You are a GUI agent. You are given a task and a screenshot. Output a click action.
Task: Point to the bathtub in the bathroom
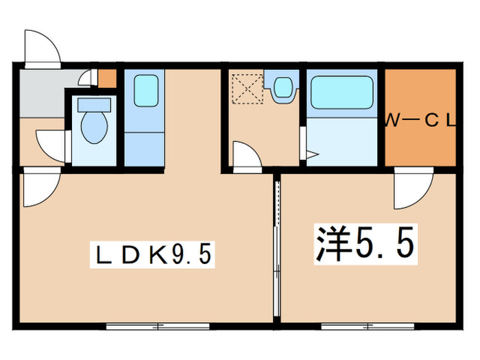[341, 92]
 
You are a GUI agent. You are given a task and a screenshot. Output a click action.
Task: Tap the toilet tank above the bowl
[94, 104]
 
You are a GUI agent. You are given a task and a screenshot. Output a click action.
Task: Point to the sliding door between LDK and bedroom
[277, 247]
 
